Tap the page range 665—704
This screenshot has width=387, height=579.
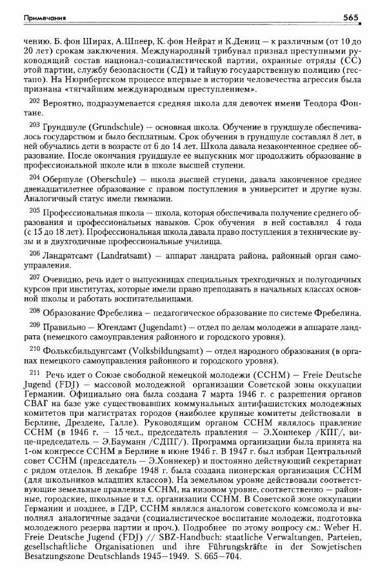pos(219,556)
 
